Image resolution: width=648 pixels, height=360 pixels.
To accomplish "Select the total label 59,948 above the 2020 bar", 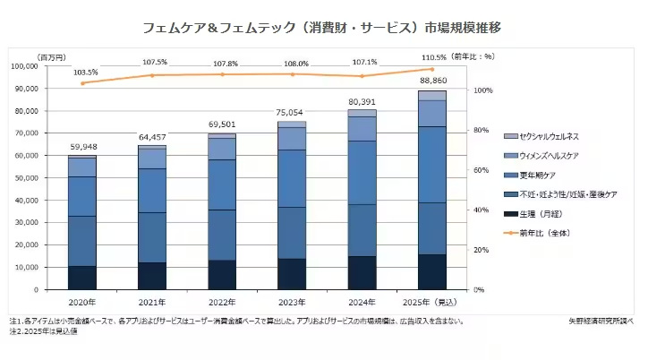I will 82,148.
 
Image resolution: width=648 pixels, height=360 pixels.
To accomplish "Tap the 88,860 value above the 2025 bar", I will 433,81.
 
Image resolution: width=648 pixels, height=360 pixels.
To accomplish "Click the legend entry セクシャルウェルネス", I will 548,136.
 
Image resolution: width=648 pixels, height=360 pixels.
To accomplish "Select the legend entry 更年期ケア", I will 538,175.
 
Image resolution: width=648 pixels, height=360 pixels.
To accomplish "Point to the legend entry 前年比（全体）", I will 543,233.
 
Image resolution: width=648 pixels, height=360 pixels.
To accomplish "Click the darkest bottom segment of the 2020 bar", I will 82,278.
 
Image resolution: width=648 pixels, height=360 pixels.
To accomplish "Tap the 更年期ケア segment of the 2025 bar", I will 433,164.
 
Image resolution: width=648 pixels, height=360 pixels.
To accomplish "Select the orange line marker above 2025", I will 433,69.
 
